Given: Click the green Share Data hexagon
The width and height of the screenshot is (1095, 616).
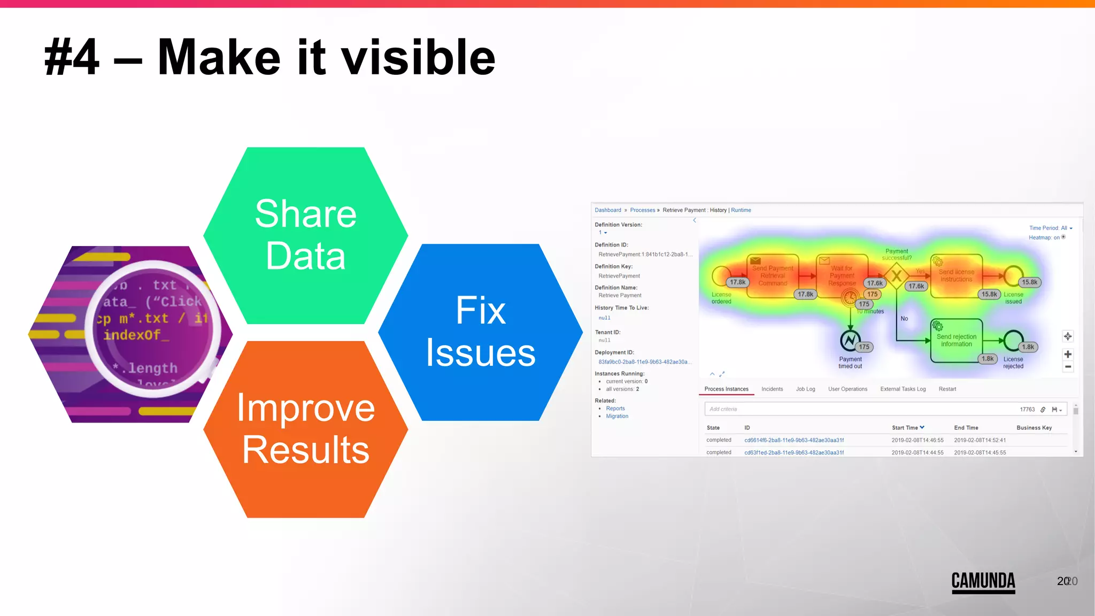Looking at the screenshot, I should coord(305,235).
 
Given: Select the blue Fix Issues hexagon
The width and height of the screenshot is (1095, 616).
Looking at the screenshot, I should coord(480,332).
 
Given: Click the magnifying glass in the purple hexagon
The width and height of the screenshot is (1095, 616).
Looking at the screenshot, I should coord(154,327).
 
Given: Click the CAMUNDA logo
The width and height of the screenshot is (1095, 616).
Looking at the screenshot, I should coord(983,582).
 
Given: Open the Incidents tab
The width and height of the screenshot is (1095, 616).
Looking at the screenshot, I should coord(772,389).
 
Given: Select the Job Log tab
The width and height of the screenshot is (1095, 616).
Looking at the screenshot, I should coord(805,389).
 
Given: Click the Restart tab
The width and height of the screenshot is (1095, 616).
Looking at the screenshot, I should coord(947,389).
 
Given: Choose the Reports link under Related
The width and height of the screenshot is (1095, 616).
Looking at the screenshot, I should coord(615,409).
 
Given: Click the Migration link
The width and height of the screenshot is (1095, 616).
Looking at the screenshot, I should coord(617,417).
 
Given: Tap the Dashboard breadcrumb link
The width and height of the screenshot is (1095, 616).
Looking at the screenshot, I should coord(608,210).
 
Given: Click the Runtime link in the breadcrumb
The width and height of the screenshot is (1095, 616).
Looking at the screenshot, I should coord(741,210).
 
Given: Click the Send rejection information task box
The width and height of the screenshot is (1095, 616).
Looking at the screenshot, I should coord(956,341).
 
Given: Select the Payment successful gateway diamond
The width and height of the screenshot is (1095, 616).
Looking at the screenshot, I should coord(897,276).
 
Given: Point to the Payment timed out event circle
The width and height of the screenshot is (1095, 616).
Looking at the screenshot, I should coord(850,340).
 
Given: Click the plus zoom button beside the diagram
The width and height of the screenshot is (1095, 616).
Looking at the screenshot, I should coord(1067,355).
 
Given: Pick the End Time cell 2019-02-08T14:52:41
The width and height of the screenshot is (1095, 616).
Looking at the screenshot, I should coord(980,441).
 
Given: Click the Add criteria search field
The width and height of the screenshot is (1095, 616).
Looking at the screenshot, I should coord(855,410).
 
